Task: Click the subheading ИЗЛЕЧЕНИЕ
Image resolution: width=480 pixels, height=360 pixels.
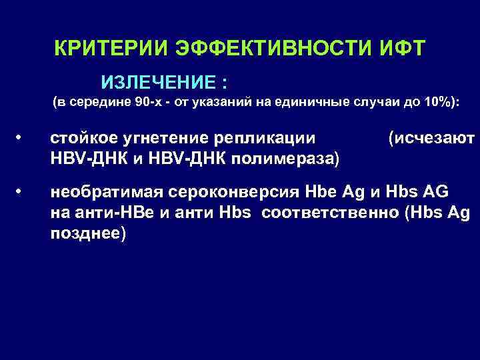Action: (159, 83)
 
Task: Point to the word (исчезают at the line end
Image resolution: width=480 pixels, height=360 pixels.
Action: (431, 138)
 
